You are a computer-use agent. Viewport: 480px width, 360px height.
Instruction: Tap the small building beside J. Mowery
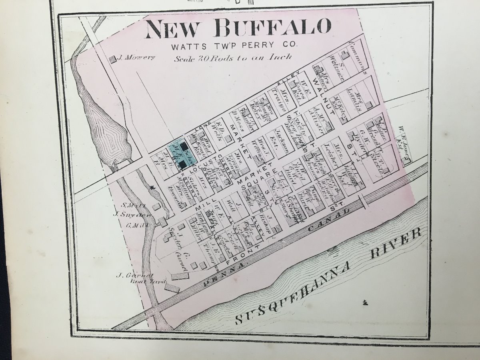point(112,58)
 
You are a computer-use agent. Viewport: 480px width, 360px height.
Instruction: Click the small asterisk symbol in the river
point(364,303)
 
